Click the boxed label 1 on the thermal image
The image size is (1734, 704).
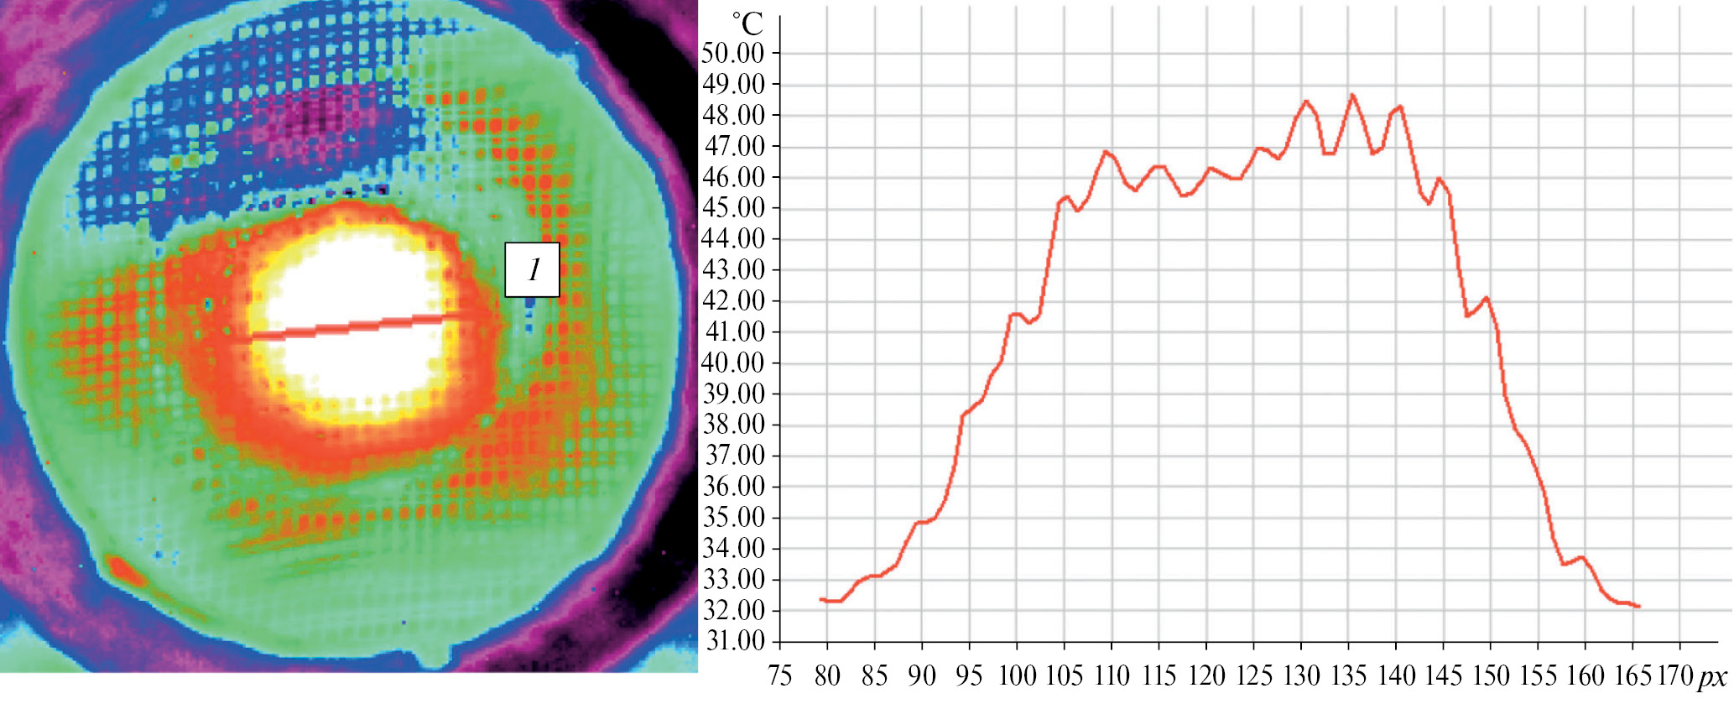tap(532, 270)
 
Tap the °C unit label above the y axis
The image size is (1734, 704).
tap(747, 24)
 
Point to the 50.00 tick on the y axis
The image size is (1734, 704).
tap(732, 54)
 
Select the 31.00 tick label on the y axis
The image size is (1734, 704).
tap(732, 642)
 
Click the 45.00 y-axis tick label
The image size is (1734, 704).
tap(732, 208)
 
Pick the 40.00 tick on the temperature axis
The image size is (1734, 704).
tap(732, 363)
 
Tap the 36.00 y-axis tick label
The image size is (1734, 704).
tap(732, 487)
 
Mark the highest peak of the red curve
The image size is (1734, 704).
tap(1351, 95)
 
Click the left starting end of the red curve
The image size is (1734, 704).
tap(820, 599)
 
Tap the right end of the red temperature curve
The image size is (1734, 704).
tap(1638, 607)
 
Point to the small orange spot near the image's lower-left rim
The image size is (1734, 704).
tap(126, 571)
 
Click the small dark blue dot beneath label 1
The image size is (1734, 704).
tap(529, 301)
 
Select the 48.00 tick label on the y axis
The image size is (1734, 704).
tap(732, 116)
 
